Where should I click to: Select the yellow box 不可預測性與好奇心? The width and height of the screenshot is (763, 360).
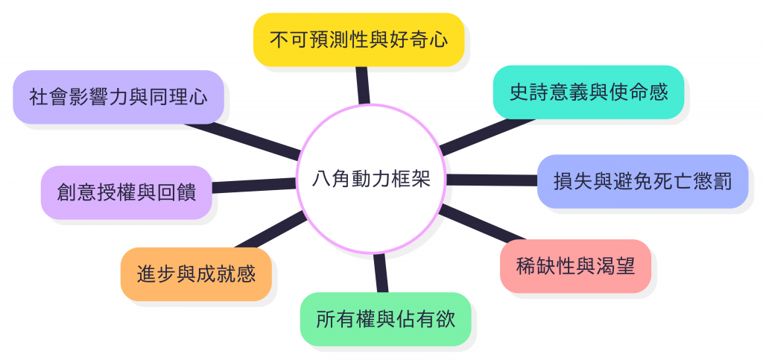click(x=358, y=39)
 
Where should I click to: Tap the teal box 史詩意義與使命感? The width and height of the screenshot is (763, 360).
click(x=588, y=93)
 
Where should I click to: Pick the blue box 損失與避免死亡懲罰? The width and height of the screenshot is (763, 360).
click(x=642, y=181)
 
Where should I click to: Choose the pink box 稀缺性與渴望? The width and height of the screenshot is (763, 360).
click(x=575, y=266)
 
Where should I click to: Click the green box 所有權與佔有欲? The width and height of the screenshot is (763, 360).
click(x=385, y=319)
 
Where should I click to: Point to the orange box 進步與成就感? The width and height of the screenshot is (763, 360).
click(x=196, y=274)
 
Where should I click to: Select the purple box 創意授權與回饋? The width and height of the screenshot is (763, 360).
click(x=127, y=192)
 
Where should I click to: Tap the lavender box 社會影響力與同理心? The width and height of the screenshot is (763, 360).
click(x=118, y=97)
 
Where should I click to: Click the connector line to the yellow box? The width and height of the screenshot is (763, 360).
click(x=362, y=85)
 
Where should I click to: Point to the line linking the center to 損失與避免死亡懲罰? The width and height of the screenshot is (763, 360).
click(x=492, y=180)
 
